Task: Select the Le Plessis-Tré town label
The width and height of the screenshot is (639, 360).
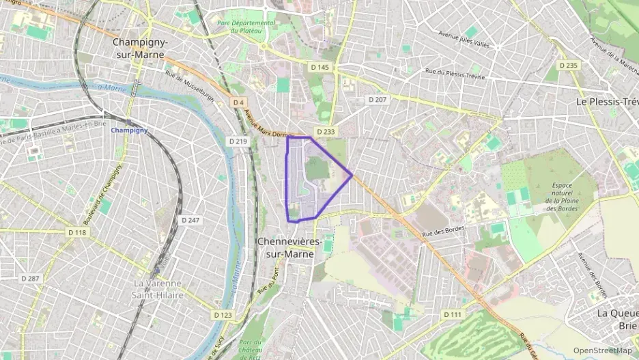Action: coord(607,101)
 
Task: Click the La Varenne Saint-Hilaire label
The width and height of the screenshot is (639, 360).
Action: coord(158,288)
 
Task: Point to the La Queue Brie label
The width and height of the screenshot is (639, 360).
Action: coord(617,319)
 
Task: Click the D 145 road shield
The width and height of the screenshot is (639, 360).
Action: coord(319,67)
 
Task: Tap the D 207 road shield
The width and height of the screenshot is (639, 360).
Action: coord(378,99)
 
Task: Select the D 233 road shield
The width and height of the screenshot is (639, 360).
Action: coord(326,131)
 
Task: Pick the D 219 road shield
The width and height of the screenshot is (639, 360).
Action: coord(238,141)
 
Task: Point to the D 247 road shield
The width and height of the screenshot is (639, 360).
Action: coord(190,220)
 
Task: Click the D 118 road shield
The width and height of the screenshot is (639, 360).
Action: coord(78,232)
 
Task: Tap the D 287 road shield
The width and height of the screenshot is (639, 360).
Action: coord(30,279)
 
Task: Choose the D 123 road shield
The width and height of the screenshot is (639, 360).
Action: coord(223,315)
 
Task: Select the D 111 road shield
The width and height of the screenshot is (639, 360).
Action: coord(452,314)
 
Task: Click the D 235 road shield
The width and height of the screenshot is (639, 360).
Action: coord(568,66)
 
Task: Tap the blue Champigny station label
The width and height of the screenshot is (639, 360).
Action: coord(129,130)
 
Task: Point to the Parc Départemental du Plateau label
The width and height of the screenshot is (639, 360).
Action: coord(246,27)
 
